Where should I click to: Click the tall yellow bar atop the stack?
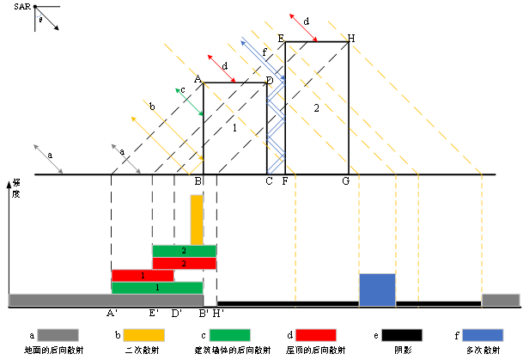point(197,219)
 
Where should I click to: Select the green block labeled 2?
point(184,251)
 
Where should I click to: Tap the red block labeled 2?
point(184,264)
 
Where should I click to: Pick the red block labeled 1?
point(143,275)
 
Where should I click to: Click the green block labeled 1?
point(157,288)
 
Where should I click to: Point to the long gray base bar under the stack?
point(106,300)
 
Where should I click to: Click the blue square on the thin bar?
point(377,290)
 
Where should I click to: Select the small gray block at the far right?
point(501,300)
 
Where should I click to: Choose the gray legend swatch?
point(58,335)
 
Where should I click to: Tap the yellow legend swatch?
point(143,335)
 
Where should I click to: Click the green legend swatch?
point(229,335)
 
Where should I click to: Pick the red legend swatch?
point(315,335)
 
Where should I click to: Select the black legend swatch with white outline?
point(402,335)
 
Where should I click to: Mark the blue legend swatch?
point(483,335)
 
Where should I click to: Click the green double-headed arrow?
point(189,101)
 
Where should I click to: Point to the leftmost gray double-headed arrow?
point(48,159)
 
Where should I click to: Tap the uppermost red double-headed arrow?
point(303,27)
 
